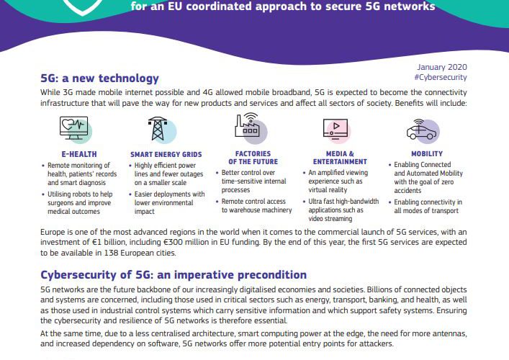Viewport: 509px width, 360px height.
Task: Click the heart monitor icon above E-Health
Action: pyautogui.click(x=74, y=128)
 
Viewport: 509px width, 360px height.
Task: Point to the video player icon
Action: pyautogui.click(x=335, y=129)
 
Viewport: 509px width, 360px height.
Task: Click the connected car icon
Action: pyautogui.click(x=421, y=129)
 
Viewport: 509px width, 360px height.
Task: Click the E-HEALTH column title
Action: pyautogui.click(x=79, y=154)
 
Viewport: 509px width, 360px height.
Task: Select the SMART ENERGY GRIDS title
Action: pyautogui.click(x=166, y=155)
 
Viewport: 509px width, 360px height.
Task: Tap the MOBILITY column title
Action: pyautogui.click(x=427, y=154)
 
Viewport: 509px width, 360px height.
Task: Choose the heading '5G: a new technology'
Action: pyautogui.click(x=99, y=78)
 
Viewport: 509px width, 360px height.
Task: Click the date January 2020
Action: pyautogui.click(x=442, y=67)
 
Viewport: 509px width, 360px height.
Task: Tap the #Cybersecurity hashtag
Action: pyautogui.click(x=441, y=77)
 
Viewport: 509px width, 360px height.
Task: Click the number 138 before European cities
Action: pyautogui.click(x=111, y=253)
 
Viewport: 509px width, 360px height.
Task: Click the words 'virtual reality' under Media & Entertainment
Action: pyautogui.click(x=328, y=190)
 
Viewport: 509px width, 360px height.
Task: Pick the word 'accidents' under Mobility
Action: pyautogui.click(x=407, y=191)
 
